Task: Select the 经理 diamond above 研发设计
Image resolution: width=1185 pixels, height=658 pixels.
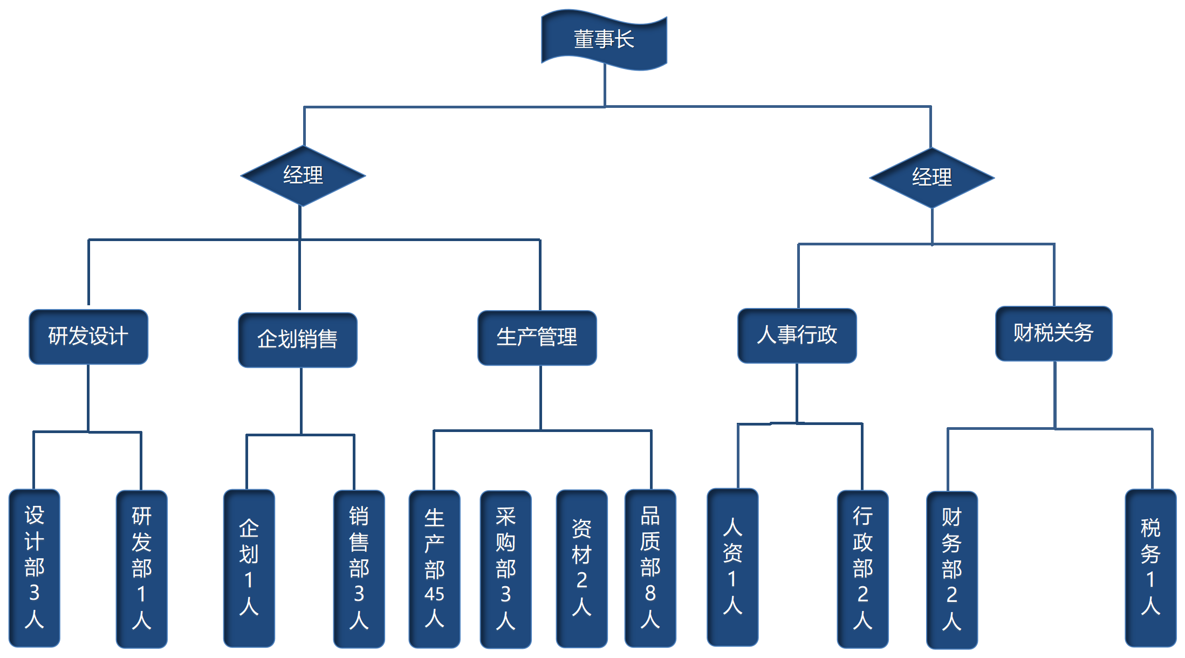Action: click(303, 176)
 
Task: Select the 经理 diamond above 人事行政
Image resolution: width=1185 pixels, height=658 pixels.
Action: click(931, 177)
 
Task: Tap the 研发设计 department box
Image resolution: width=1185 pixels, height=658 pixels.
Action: click(88, 337)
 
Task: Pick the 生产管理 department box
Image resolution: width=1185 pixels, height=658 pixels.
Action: click(537, 338)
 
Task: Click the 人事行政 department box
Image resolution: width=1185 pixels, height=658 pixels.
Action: click(797, 335)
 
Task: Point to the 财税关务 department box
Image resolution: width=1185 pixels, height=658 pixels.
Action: click(1053, 333)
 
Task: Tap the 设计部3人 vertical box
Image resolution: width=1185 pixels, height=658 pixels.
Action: click(35, 567)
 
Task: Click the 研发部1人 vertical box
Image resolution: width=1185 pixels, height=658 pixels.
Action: click(142, 568)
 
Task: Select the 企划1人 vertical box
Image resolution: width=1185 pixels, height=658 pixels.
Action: click(249, 567)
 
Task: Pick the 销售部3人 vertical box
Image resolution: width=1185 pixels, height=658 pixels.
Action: click(359, 568)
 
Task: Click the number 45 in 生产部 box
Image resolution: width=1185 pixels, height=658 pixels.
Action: click(434, 594)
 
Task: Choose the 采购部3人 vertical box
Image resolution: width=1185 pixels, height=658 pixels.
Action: click(505, 568)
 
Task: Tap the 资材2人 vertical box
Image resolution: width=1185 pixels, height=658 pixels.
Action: click(581, 567)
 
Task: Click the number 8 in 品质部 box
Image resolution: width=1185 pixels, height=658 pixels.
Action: click(650, 593)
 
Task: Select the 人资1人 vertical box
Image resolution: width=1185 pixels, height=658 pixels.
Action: click(732, 566)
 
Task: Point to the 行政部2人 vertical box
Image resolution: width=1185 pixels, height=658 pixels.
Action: click(862, 568)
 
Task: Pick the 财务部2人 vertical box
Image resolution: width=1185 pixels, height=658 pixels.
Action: click(951, 570)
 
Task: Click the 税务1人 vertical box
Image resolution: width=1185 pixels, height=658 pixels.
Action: click(1150, 567)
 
